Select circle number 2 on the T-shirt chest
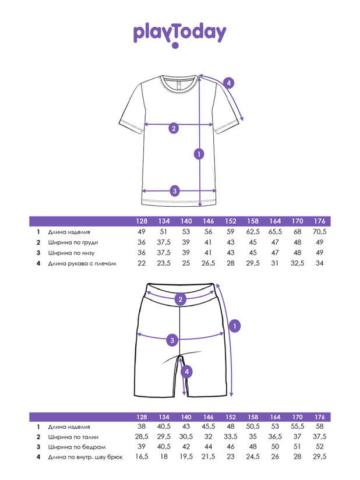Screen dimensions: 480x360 point(173,128)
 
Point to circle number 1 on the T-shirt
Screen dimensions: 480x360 point(199,154)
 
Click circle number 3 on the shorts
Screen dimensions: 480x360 point(172,340)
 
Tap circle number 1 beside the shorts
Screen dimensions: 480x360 point(234,326)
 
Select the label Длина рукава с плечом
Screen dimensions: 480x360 point(82,263)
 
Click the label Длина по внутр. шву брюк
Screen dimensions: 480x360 point(85,458)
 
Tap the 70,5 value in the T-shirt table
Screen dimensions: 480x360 point(319,232)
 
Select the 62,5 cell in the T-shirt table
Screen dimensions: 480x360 point(252,232)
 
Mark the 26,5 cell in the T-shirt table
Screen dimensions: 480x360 point(208,263)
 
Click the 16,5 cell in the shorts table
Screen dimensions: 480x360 point(141,458)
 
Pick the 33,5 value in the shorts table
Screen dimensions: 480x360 point(230,437)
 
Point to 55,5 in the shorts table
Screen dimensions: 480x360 point(297,426)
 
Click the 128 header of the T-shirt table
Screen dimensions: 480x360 point(141,221)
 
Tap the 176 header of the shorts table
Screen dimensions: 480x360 point(319,417)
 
